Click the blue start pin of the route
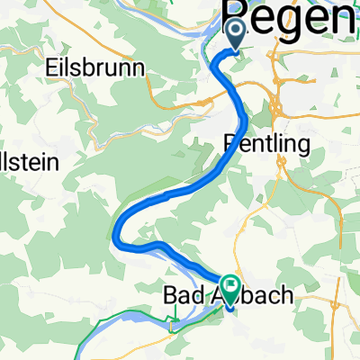point(237,35)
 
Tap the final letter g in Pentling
point(303,146)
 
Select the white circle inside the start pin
point(237,31)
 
